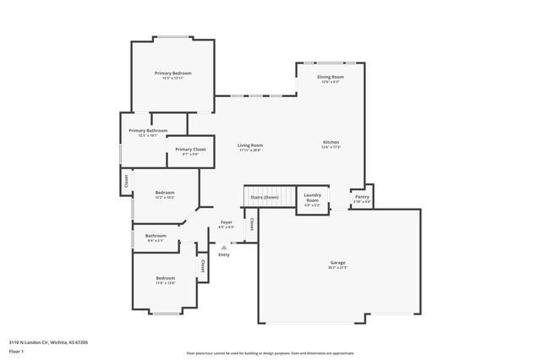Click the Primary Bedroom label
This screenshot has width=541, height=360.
point(172,74)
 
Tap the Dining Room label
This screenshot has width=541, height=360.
point(330,77)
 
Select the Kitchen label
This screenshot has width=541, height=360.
point(331,142)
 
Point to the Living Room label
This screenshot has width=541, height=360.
point(249,145)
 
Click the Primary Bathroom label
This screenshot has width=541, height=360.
point(148,131)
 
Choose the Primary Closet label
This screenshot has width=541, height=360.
point(190,150)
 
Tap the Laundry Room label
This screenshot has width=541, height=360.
point(312,198)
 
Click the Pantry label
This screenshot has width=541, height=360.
point(362,197)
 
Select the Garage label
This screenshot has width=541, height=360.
point(337,263)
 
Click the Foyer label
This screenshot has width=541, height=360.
point(227,222)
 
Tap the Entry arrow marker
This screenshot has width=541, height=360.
point(223,247)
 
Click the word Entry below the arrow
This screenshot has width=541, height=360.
point(223,254)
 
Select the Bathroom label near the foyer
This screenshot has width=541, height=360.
point(156,236)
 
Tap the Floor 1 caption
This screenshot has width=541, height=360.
point(17,350)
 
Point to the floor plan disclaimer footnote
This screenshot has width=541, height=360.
point(270,353)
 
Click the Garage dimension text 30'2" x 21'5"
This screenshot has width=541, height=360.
point(337,268)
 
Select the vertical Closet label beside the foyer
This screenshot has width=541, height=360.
point(251,224)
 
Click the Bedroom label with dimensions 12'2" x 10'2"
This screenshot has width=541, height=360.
point(165,193)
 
